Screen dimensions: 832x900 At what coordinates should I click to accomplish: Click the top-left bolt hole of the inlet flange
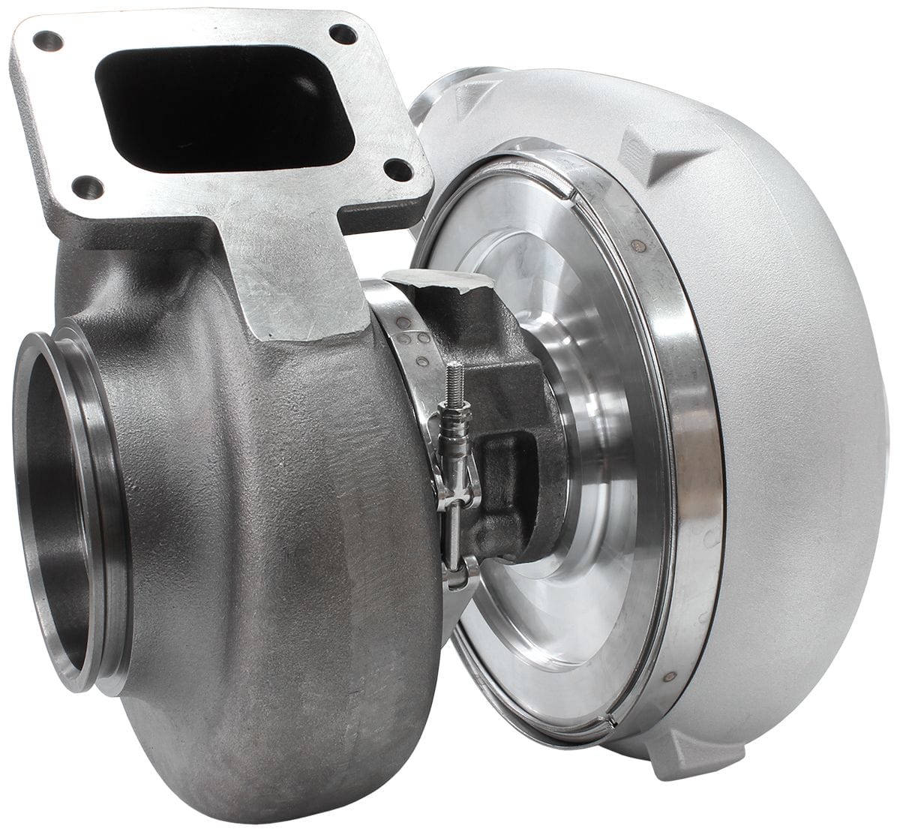[48, 41]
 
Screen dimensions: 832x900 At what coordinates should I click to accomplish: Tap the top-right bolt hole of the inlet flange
[343, 34]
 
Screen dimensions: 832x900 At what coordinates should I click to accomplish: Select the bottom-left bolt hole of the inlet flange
[87, 187]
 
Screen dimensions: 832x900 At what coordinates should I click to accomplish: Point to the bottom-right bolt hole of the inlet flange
[397, 170]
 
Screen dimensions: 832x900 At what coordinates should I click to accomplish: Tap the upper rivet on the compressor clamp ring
[637, 245]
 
